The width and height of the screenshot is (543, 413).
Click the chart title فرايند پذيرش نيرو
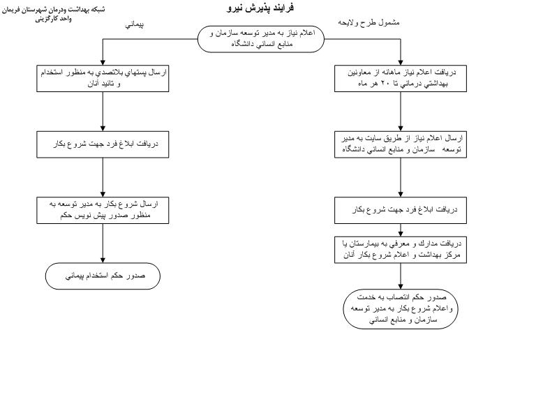[260, 8]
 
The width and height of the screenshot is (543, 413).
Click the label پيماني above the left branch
[135, 24]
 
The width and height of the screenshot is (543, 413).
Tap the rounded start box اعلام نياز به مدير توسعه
[260, 39]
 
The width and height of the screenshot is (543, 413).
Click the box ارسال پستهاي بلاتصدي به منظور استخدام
[103, 77]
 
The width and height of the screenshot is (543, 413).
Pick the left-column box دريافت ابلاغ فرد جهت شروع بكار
[103, 144]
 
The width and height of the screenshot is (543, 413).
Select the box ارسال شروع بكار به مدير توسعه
[103, 210]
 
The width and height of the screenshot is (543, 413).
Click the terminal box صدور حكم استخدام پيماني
[103, 276]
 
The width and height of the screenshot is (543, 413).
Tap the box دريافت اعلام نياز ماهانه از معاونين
[401, 78]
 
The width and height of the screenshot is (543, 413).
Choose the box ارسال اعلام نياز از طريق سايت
[401, 144]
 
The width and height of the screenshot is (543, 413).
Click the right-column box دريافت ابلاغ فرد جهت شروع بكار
[401, 209]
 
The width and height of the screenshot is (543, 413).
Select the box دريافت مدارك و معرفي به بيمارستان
[401, 249]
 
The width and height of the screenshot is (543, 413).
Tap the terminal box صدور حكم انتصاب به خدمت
[401, 308]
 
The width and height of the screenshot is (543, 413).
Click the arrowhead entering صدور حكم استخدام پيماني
[103, 260]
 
